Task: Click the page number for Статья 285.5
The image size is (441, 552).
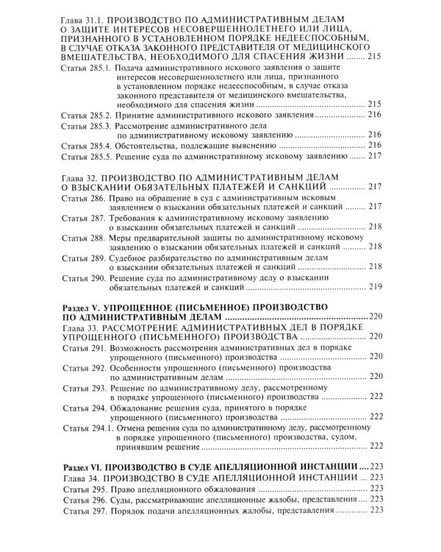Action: (x=376, y=157)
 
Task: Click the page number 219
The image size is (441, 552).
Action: (x=376, y=287)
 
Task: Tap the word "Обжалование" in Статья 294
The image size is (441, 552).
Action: (x=139, y=406)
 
